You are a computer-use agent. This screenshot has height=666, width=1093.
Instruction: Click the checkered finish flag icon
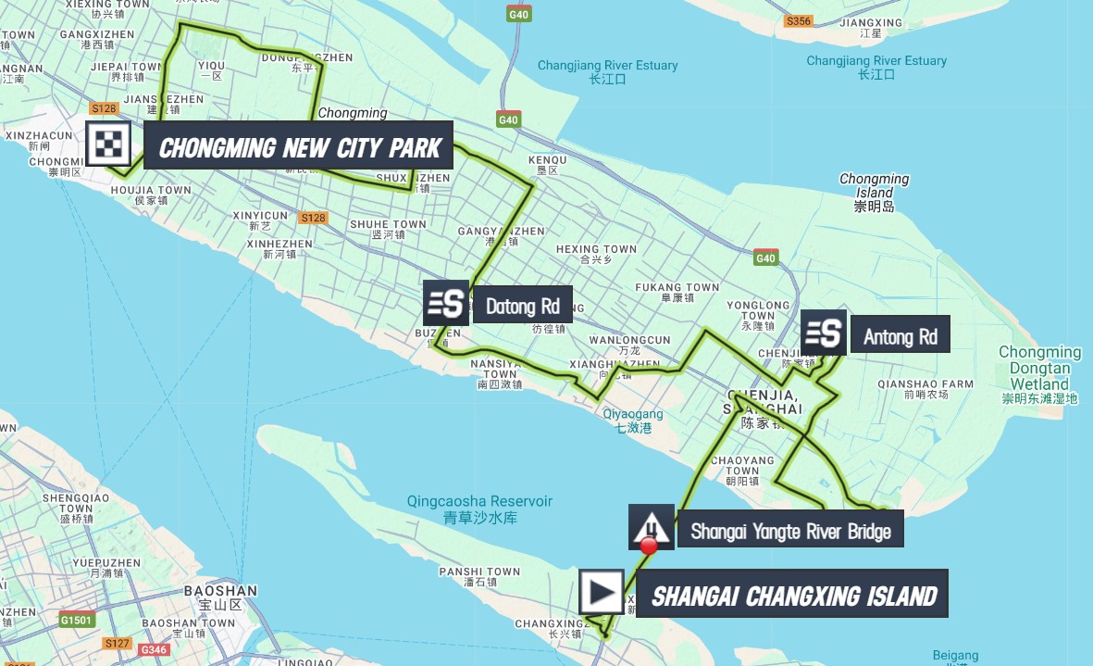pyautogui.click(x=109, y=145)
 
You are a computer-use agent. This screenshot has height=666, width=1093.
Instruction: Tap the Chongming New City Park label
pyautogui.click(x=298, y=146)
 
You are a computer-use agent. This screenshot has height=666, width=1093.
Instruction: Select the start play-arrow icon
pyautogui.click(x=602, y=591)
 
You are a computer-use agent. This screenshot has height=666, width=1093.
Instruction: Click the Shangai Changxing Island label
pyautogui.click(x=793, y=596)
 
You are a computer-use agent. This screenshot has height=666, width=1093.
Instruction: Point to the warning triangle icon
pyautogui.click(x=652, y=527)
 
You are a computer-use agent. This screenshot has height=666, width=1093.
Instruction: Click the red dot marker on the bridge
pyautogui.click(x=649, y=546)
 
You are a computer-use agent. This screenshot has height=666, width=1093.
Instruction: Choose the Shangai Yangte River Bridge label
pyautogui.click(x=789, y=532)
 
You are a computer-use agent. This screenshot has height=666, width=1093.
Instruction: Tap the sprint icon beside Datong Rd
pyautogui.click(x=446, y=303)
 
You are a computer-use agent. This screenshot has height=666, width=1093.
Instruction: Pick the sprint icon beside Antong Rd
pyautogui.click(x=823, y=333)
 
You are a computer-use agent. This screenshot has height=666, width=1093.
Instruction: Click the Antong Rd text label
pyautogui.click(x=900, y=337)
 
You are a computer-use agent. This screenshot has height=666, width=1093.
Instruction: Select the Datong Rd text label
pyautogui.click(x=522, y=307)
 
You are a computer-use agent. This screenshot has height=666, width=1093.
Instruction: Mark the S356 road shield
pyautogui.click(x=797, y=20)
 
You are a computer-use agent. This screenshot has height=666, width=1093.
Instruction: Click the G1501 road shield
pyautogui.click(x=77, y=619)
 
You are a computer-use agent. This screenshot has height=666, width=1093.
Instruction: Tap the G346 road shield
pyautogui.click(x=154, y=649)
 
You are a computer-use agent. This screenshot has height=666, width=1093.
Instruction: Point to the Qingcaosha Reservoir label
pyautogui.click(x=479, y=509)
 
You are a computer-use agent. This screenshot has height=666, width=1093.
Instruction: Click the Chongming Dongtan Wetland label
pyautogui.click(x=1039, y=375)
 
